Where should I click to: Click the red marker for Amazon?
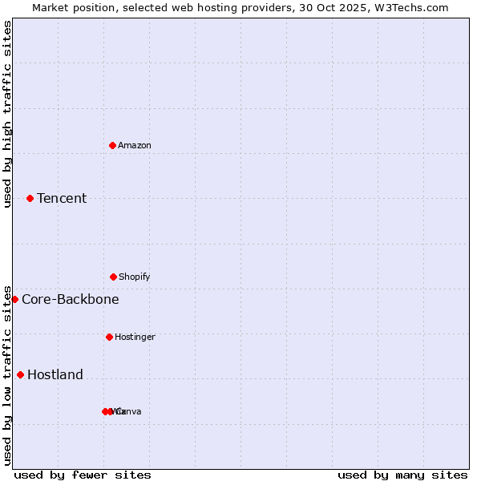[x=112, y=145]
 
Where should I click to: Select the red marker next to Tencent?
[x=30, y=198]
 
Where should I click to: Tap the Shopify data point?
[x=113, y=277]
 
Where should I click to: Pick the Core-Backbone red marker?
[x=14, y=299]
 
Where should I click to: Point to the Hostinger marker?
[x=109, y=337]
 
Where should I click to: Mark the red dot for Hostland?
[x=20, y=374]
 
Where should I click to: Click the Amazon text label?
[x=135, y=145]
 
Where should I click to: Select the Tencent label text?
[x=62, y=198]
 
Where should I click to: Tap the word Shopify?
[x=135, y=277]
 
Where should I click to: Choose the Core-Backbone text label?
[x=71, y=299]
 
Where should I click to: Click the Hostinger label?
[x=135, y=337]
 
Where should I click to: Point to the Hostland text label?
[x=55, y=374]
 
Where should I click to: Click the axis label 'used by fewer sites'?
[x=83, y=475]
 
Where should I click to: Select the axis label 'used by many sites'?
[x=402, y=475]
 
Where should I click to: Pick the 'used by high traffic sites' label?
[x=7, y=114]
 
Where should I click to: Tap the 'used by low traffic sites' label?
[x=7, y=375]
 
